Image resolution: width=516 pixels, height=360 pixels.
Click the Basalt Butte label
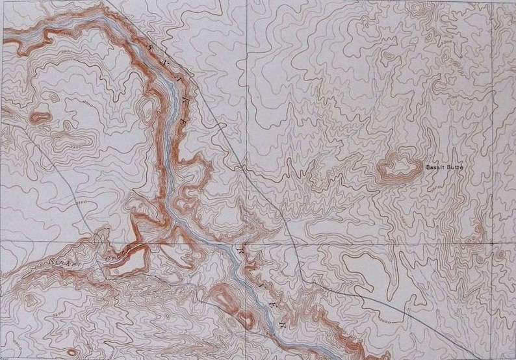coord(443,168)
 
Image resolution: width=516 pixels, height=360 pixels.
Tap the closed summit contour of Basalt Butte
coord(397,167)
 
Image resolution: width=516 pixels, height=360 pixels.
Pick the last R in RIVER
coord(282,322)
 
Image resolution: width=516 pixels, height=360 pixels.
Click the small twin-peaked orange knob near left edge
coord(40,117)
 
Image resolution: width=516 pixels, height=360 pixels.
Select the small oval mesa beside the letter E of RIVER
coord(247,318)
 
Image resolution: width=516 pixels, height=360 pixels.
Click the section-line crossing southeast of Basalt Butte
coord(492,239)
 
